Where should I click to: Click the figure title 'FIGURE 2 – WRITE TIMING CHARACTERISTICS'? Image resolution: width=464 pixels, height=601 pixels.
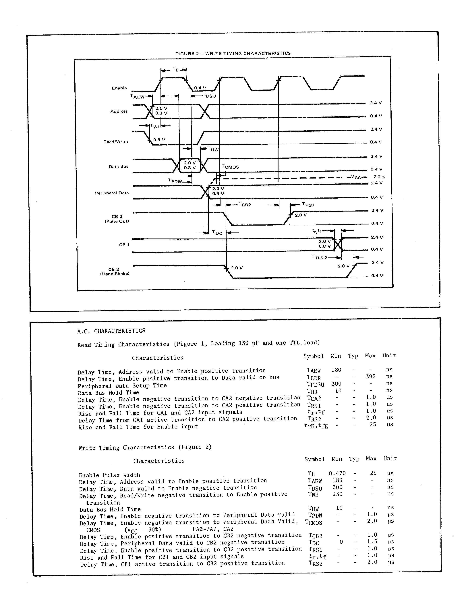tap(233, 53)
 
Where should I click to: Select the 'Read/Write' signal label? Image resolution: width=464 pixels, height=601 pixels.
tap(116, 142)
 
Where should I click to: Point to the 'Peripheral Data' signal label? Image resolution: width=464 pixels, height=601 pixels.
tap(112, 193)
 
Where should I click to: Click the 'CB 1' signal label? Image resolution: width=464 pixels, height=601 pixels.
tap(124, 245)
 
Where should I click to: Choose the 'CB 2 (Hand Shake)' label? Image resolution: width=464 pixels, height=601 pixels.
tap(115, 272)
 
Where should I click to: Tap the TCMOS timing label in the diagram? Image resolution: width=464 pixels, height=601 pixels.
tap(230, 167)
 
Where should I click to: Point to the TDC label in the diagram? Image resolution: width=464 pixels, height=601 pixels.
tap(217, 233)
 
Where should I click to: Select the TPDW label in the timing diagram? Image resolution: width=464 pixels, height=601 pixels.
tap(175, 181)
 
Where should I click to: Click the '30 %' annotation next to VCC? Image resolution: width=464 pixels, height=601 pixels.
tap(379, 177)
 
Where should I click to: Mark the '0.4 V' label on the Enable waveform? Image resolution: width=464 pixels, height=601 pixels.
tap(200, 88)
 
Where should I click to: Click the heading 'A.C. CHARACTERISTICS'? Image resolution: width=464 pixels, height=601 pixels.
tap(111, 331)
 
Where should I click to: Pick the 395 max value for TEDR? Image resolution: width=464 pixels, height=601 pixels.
tap(370, 377)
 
